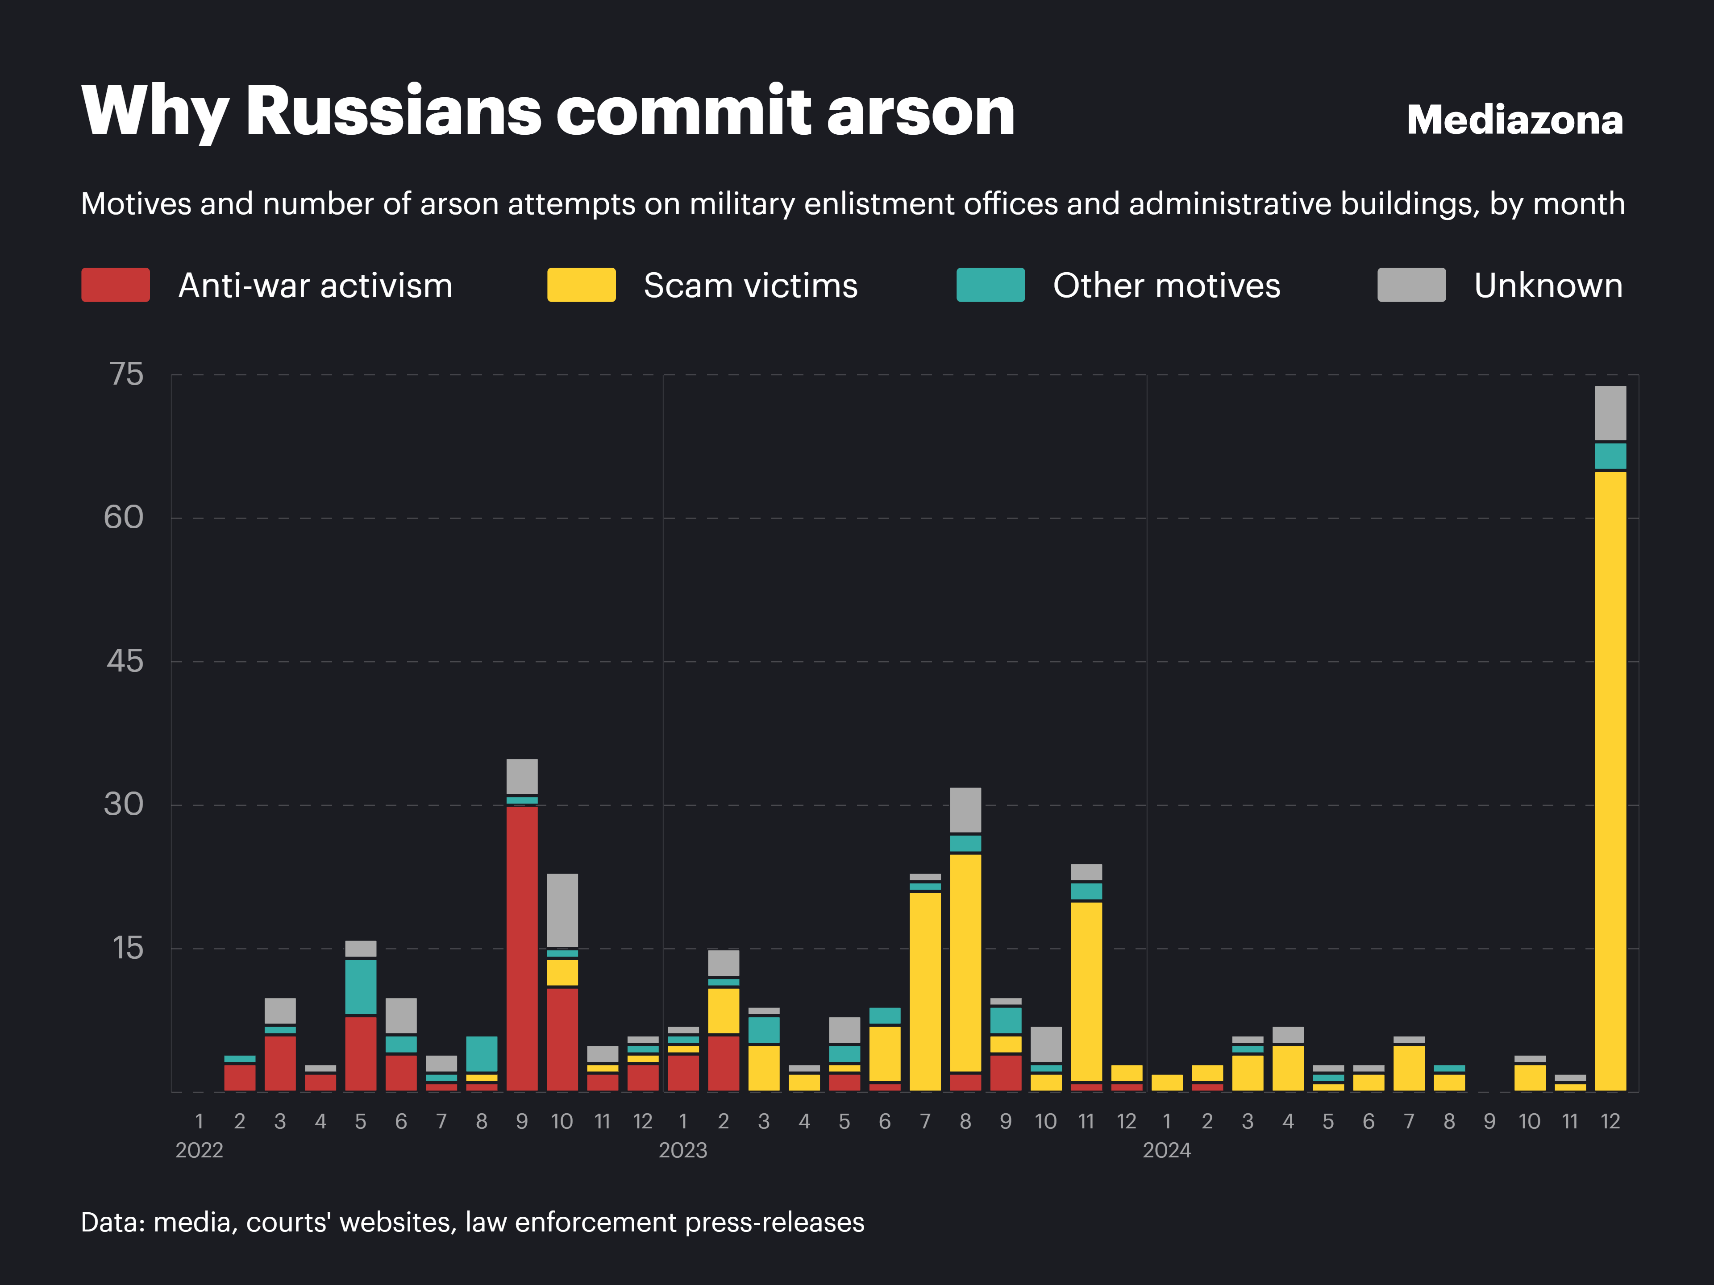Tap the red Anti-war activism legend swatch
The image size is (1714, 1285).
(116, 285)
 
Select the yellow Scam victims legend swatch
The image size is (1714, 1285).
(581, 285)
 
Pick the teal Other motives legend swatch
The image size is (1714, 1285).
(990, 285)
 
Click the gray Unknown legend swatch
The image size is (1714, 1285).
(1411, 285)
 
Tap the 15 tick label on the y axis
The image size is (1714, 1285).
(128, 948)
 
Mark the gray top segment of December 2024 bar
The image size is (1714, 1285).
(1610, 412)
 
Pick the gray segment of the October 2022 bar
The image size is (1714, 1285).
(562, 910)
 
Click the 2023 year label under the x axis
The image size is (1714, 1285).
(682, 1150)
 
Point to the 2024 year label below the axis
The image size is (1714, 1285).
(1166, 1150)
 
